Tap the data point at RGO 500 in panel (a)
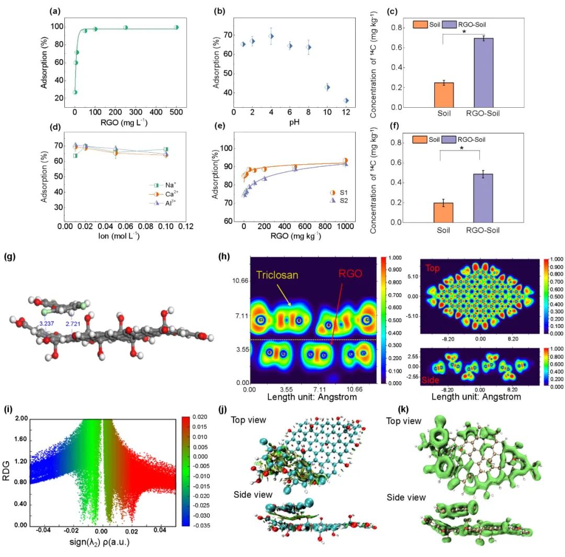tap(176, 27)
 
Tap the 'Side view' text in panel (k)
tap(406, 497)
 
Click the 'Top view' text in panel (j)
tap(249, 420)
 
